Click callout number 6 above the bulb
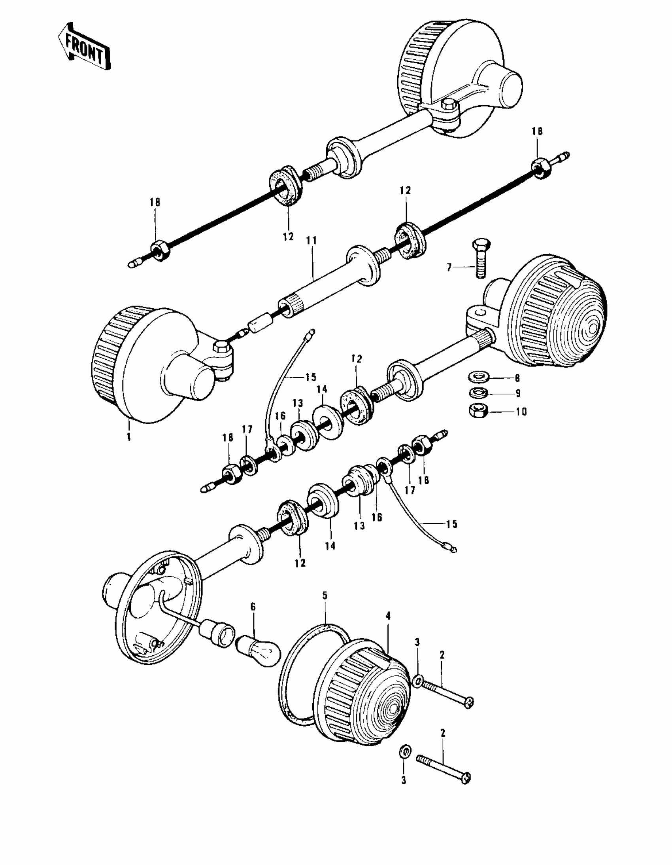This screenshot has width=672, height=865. click(253, 607)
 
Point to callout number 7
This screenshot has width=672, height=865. click(449, 268)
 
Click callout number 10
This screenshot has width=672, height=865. click(521, 412)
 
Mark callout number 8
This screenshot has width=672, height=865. click(517, 378)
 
